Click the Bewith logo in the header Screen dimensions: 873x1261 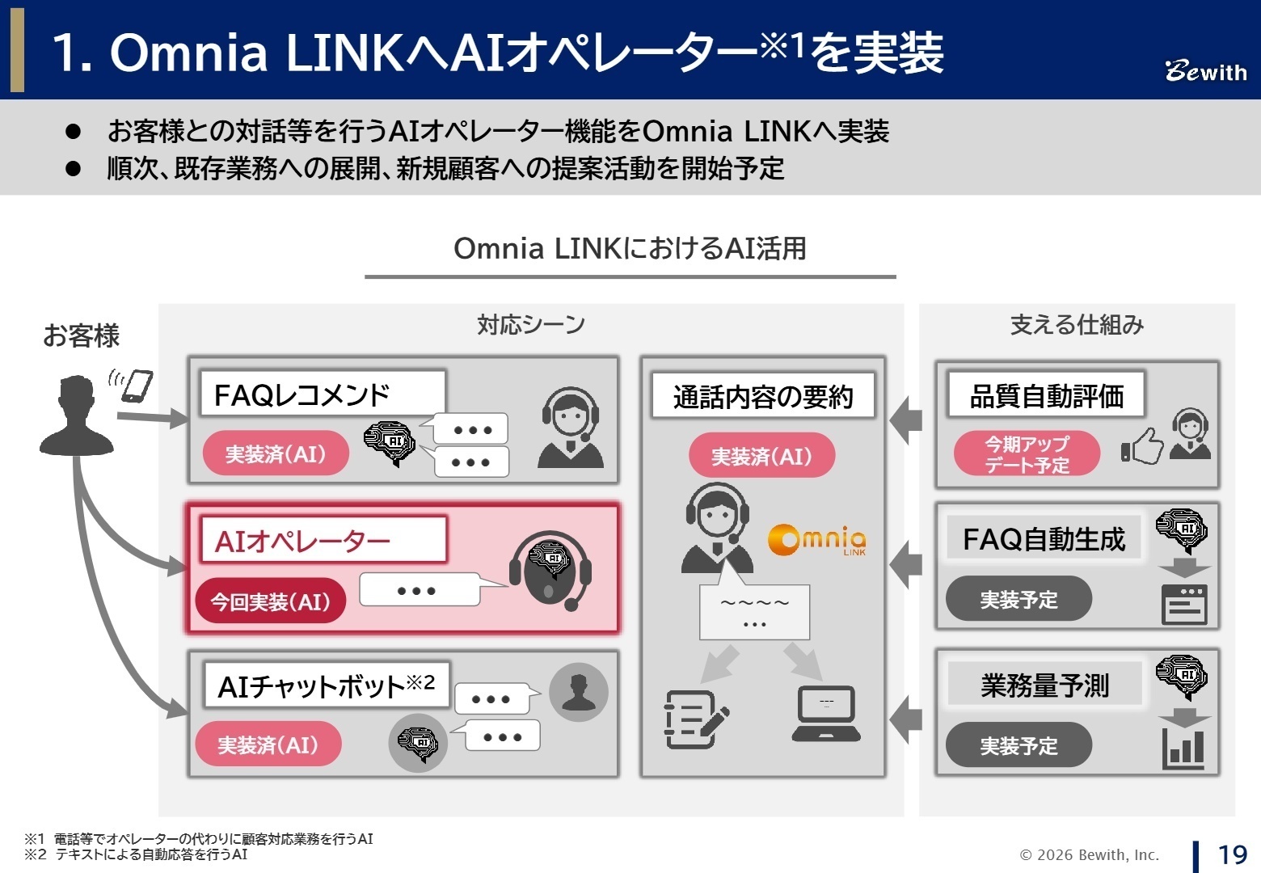1205,71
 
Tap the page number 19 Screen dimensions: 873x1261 1232,854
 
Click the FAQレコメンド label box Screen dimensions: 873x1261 323,394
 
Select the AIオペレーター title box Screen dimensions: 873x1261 323,540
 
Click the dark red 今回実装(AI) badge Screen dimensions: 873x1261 270,601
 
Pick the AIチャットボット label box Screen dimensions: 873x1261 326,685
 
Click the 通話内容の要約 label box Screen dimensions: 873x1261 762,396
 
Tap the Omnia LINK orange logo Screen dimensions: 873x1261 816,540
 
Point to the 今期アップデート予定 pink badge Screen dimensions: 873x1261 1027,454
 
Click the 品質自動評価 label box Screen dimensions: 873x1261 1046,395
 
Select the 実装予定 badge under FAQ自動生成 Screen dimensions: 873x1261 1018,599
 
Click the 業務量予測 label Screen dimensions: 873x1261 1044,685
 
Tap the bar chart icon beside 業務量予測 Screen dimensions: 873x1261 1183,749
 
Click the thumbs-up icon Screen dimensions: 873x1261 1141,447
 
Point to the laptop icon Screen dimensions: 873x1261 825,714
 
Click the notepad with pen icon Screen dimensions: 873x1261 695,718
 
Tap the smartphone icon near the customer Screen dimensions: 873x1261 137,386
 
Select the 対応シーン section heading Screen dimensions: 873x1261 530,325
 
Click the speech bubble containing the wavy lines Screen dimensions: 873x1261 754,612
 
